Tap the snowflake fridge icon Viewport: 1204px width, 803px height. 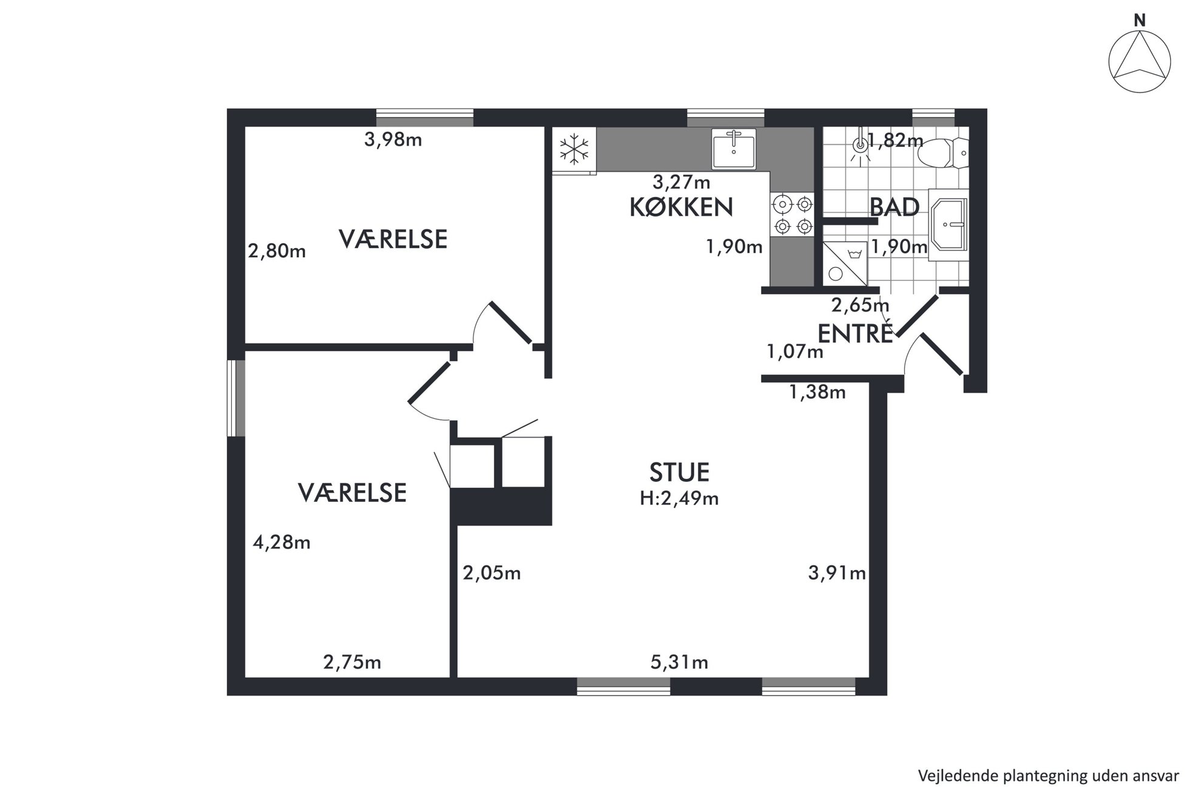point(574,150)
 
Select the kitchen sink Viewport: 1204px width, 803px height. point(734,149)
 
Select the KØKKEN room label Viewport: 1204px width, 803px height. point(681,208)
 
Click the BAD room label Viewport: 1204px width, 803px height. point(894,208)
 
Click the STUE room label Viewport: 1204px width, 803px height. point(679,472)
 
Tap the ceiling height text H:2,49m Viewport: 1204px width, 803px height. point(679,499)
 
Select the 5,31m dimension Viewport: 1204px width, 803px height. point(679,662)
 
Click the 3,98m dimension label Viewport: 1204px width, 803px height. point(393,140)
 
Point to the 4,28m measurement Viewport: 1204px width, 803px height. point(282,543)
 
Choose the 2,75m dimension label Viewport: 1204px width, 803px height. point(352,662)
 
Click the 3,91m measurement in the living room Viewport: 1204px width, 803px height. point(837,573)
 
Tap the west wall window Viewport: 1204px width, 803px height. point(236,398)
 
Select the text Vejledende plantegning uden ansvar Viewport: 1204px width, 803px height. point(1048,776)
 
